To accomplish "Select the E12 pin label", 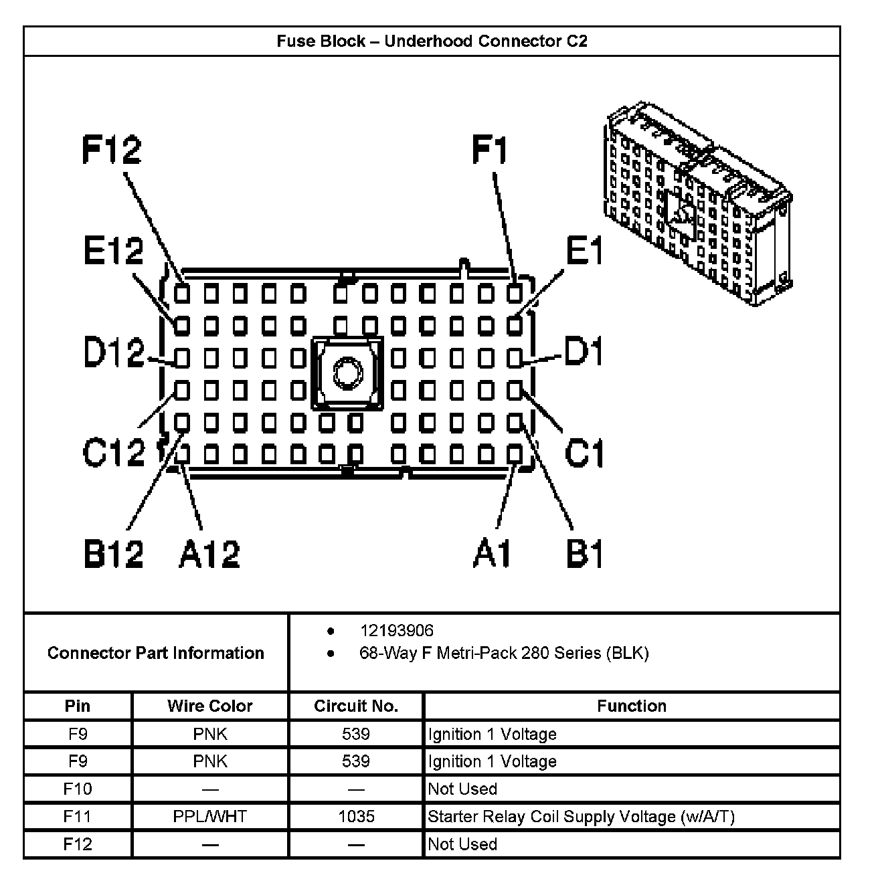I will pos(114,252).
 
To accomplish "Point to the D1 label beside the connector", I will pos(584,352).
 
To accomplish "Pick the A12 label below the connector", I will pos(209,554).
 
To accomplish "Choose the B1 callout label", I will pos(585,554).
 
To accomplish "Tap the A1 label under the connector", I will pos(492,554).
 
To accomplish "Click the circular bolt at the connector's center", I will pos(347,373).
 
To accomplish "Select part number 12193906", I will pos(396,631).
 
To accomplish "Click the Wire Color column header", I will pos(210,706).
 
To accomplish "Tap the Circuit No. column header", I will pos(355,706).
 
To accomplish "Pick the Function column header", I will pos(632,706).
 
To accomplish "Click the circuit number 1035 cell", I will pos(355,817).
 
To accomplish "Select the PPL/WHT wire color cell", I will pos(210,817).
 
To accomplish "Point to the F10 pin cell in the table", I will pos(78,789).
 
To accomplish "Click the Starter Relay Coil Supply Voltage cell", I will pos(581,817).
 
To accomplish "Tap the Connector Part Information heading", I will pos(156,653).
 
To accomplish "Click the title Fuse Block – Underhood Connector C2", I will pos(432,41).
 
